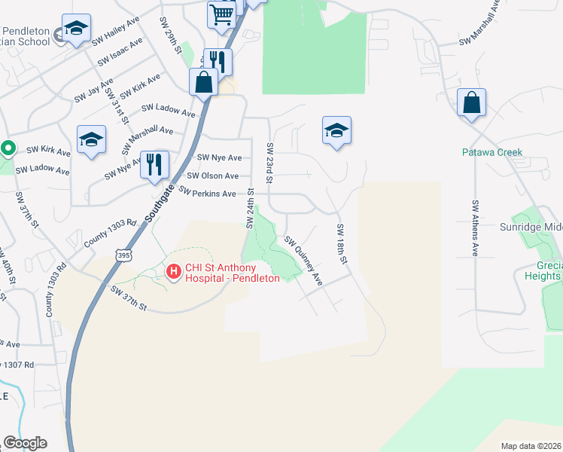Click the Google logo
[x=25, y=443]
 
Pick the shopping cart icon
[x=221, y=14]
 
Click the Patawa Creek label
[x=491, y=152]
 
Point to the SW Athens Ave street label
[x=475, y=228]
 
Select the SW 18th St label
[x=342, y=244]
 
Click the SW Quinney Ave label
[x=303, y=261]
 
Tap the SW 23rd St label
[x=269, y=162]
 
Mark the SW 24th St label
[x=251, y=210]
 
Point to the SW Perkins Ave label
[x=207, y=194]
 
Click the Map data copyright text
[x=531, y=446]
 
